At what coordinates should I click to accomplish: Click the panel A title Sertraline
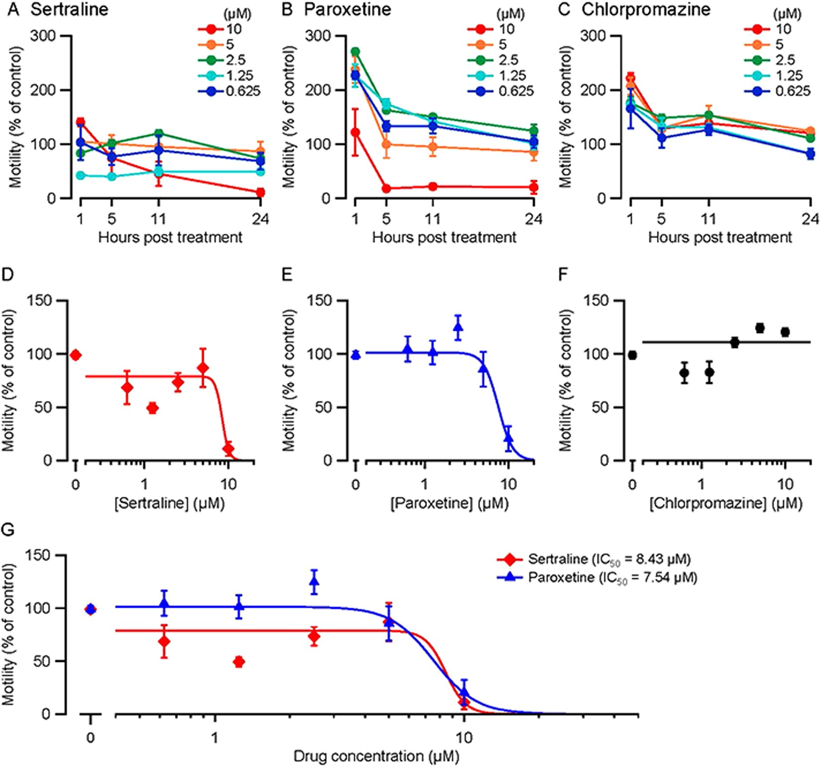(x=69, y=10)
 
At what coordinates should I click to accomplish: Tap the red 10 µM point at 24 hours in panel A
(x=260, y=192)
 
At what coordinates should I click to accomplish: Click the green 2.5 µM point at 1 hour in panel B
(x=355, y=52)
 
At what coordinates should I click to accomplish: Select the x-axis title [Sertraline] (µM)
(x=169, y=503)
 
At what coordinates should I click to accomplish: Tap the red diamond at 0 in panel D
(x=76, y=355)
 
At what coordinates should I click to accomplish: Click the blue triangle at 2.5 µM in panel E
(x=458, y=328)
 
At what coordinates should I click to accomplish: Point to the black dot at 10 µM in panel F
(x=785, y=332)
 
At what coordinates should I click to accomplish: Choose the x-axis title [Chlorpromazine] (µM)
(x=725, y=503)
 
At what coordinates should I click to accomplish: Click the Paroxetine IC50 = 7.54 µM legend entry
(x=612, y=577)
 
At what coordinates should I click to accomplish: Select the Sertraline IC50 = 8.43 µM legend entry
(x=609, y=559)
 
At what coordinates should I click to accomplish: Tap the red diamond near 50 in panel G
(x=239, y=661)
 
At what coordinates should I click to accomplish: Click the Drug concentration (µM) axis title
(x=376, y=757)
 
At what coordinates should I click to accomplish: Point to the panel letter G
(x=8, y=530)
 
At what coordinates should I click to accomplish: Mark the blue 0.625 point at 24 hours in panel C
(x=810, y=153)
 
